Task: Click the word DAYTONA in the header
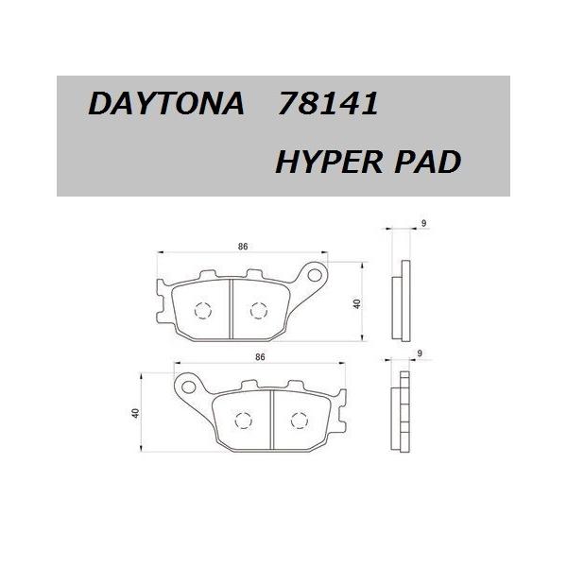click(166, 105)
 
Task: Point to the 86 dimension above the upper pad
click(243, 247)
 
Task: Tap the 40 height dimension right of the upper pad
click(357, 304)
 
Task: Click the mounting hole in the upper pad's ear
click(309, 276)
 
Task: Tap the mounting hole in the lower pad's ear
click(190, 387)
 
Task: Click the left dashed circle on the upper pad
click(202, 311)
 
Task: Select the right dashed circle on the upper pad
click(258, 308)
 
